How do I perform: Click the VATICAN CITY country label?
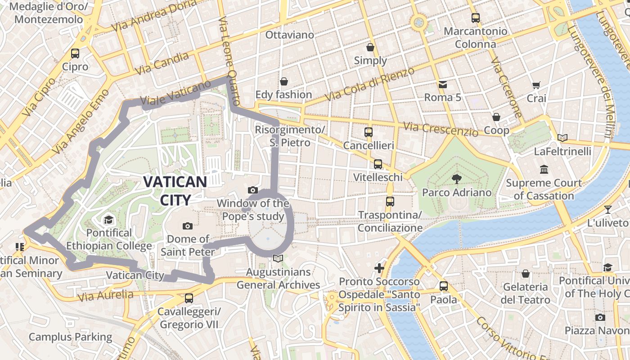click(x=175, y=190)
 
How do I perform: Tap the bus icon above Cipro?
click(x=75, y=54)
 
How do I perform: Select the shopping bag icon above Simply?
click(x=370, y=47)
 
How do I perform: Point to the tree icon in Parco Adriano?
click(x=457, y=179)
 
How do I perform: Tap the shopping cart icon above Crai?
click(x=536, y=85)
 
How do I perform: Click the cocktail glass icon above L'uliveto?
click(x=608, y=209)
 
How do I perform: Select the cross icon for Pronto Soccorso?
click(x=379, y=268)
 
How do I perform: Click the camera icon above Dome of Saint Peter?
click(x=188, y=225)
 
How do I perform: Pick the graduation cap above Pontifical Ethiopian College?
click(x=108, y=220)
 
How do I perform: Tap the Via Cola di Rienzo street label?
click(x=370, y=85)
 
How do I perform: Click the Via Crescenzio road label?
click(x=441, y=129)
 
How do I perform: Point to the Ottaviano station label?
click(x=289, y=35)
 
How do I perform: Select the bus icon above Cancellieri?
click(x=369, y=132)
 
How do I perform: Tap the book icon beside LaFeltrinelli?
click(x=562, y=138)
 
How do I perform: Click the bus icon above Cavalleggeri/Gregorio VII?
click(x=189, y=298)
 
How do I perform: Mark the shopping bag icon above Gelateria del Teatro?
click(x=525, y=274)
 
